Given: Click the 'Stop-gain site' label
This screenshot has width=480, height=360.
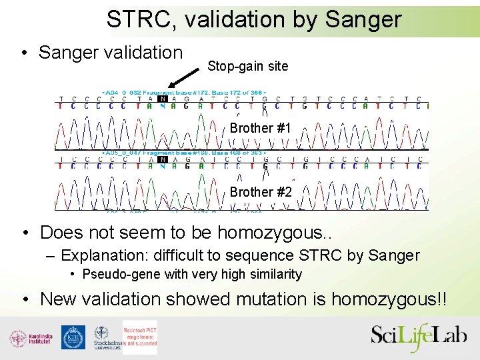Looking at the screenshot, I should click(x=248, y=66).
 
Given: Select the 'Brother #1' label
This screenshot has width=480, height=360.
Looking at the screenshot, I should click(x=260, y=128).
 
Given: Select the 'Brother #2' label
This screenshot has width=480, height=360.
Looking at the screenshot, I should click(x=261, y=192).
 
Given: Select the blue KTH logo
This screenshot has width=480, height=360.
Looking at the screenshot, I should click(x=73, y=337).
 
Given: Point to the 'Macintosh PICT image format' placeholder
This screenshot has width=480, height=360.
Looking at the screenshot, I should click(x=140, y=337).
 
